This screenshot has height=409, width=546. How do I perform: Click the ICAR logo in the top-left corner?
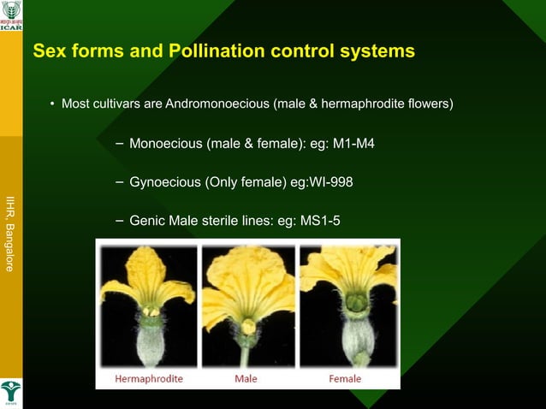click(x=11, y=15)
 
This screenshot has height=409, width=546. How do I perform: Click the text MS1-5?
click(x=320, y=221)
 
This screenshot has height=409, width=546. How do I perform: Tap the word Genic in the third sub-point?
click(x=147, y=221)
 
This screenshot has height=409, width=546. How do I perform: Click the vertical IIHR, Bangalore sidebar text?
click(x=10, y=233)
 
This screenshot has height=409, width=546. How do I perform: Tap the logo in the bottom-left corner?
click(x=11, y=393)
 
